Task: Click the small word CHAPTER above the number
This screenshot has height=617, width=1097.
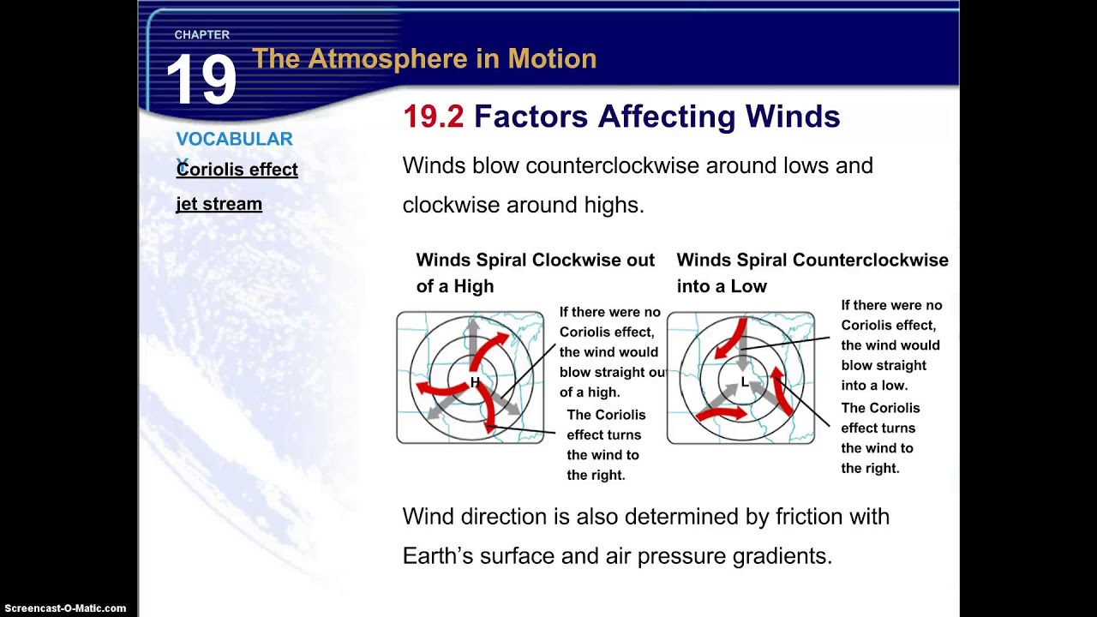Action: click(x=201, y=35)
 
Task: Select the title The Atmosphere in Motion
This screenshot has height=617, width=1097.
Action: click(x=423, y=59)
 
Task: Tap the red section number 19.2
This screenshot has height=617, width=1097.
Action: click(x=433, y=117)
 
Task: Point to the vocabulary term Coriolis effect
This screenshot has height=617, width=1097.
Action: click(x=237, y=170)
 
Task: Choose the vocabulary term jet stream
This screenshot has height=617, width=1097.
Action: click(x=219, y=204)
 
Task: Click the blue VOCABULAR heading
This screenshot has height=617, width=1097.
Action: click(x=234, y=139)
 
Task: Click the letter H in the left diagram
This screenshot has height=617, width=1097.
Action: click(x=475, y=383)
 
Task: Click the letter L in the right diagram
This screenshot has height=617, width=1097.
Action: click(x=744, y=383)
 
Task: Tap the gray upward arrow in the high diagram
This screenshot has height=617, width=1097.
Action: click(x=471, y=338)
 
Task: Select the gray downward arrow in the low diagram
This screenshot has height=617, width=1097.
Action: click(x=743, y=351)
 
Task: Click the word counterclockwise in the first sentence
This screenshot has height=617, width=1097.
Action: click(x=612, y=165)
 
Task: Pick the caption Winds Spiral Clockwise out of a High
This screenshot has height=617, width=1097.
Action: click(x=535, y=273)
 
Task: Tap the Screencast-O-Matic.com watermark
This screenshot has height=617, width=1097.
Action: click(x=63, y=608)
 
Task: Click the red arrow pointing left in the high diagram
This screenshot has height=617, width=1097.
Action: click(x=437, y=391)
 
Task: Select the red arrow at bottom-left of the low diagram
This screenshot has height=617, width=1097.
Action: click(x=718, y=414)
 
